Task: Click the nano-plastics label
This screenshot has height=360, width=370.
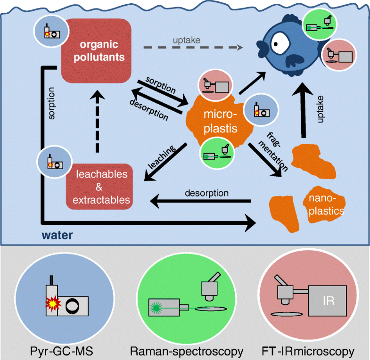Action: tap(324, 205)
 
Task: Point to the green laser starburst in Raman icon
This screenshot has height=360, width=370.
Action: tap(156, 308)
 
